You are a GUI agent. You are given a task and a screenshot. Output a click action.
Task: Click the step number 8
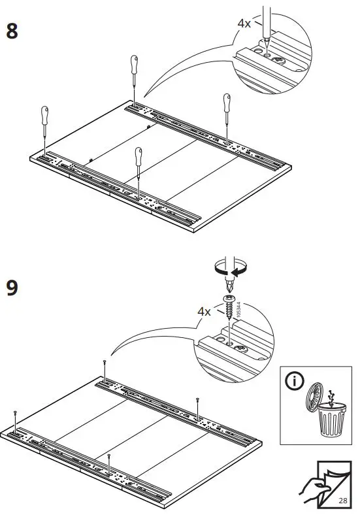(x=12, y=31)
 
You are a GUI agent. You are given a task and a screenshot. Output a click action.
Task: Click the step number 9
(x=12, y=288)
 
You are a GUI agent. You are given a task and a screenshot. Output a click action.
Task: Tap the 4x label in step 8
(x=244, y=23)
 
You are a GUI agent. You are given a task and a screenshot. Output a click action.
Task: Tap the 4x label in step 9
(x=204, y=312)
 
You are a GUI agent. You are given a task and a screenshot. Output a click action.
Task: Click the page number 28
(x=343, y=499)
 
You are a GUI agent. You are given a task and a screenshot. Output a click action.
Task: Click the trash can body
(x=331, y=421)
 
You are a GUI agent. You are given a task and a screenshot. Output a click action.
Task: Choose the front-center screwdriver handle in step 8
(x=138, y=157)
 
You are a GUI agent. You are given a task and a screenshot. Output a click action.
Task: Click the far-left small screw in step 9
(x=15, y=414)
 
